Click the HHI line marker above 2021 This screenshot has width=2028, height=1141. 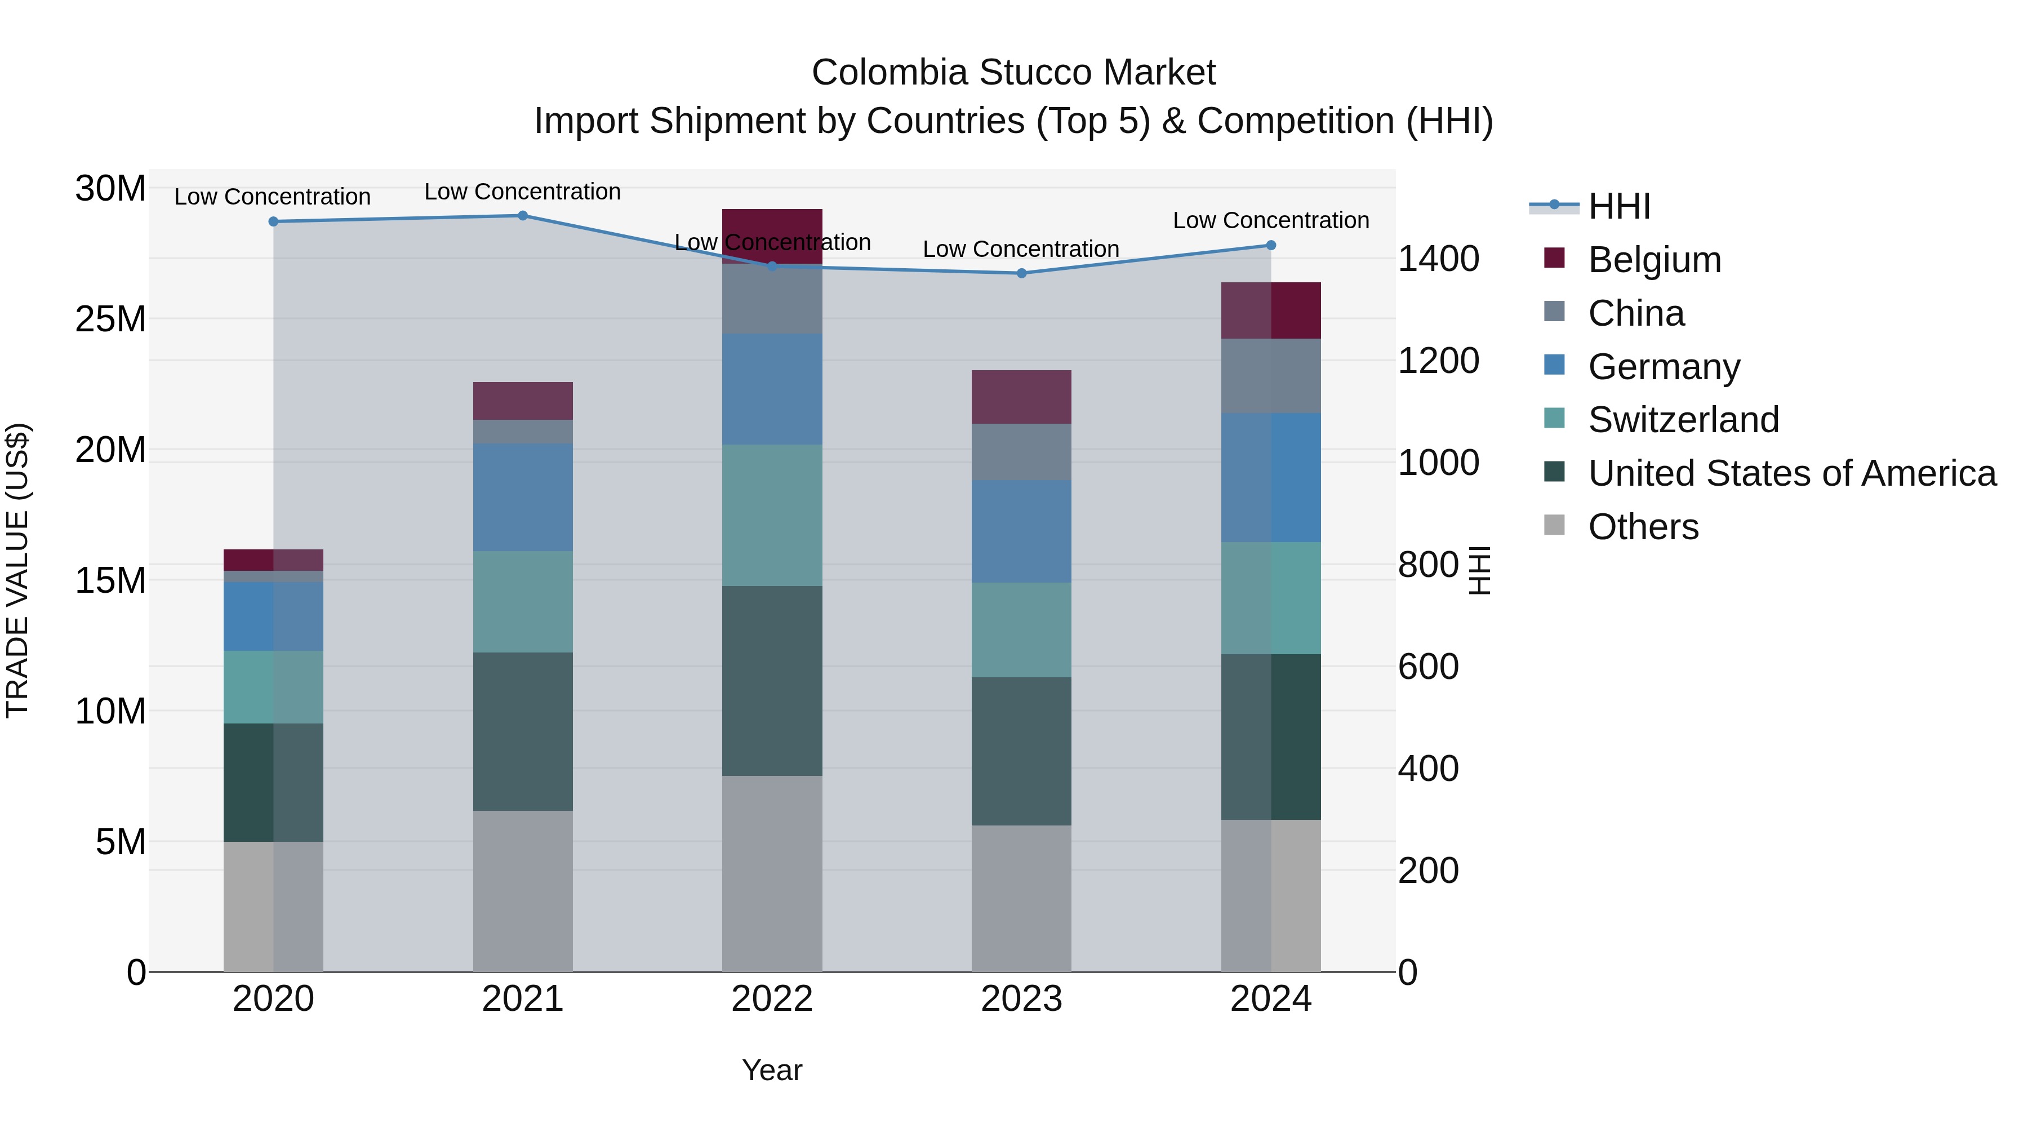pos(523,216)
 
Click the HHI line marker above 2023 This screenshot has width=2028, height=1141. pos(1021,273)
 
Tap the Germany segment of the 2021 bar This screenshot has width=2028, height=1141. pos(523,497)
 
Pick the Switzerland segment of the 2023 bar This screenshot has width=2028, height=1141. pos(1021,630)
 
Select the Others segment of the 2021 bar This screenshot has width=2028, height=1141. pos(523,891)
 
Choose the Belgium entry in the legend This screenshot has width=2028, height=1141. pos(1654,260)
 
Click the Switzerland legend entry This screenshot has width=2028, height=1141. pos(1683,420)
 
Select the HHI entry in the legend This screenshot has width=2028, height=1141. pos(1618,206)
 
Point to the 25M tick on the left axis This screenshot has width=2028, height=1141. pos(110,319)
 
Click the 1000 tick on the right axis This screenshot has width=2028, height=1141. pos(1438,463)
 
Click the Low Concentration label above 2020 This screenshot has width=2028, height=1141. pos(273,197)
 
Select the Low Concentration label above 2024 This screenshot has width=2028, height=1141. pos(1271,220)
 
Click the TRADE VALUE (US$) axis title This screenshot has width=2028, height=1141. pos(18,570)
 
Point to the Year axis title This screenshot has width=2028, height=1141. pos(772,1070)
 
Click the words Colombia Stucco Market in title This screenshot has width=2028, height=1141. pos(1013,73)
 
